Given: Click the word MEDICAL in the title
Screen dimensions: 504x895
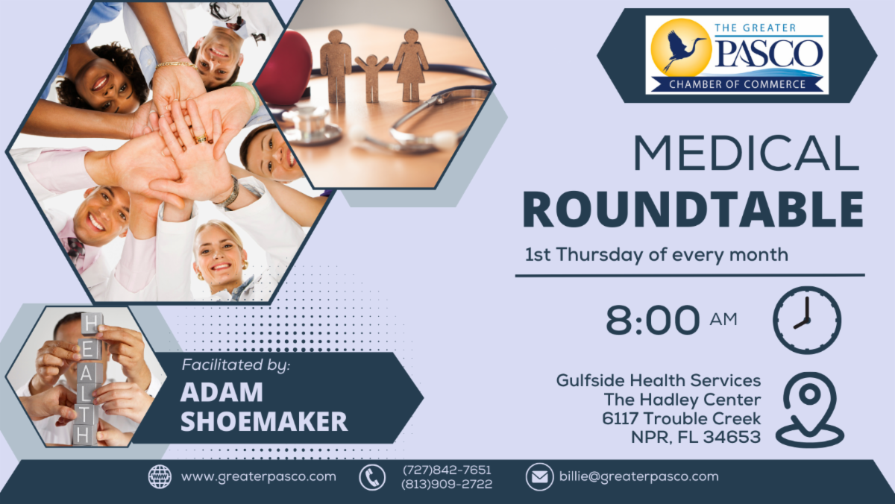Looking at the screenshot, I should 746,155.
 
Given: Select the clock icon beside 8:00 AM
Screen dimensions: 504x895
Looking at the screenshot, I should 807,320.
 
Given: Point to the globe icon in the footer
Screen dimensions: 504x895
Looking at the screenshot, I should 160,476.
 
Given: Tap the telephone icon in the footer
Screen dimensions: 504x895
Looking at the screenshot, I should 372,476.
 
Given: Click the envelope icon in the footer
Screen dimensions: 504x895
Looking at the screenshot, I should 539,476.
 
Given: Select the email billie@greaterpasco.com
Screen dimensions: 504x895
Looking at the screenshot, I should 638,476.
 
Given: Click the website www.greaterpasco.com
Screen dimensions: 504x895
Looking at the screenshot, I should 259,476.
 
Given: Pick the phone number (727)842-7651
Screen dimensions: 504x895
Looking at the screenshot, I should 447,470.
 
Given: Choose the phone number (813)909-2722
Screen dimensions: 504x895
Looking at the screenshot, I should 447,484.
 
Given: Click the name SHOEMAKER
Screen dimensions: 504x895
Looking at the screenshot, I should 264,421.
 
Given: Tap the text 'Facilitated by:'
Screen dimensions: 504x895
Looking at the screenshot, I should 236,366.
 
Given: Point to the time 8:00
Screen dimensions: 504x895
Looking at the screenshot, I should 653,321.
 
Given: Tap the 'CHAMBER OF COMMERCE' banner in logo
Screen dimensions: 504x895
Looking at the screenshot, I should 737,84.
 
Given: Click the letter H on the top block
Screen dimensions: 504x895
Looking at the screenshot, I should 90,323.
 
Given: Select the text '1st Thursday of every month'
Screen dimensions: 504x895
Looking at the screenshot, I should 656,254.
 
